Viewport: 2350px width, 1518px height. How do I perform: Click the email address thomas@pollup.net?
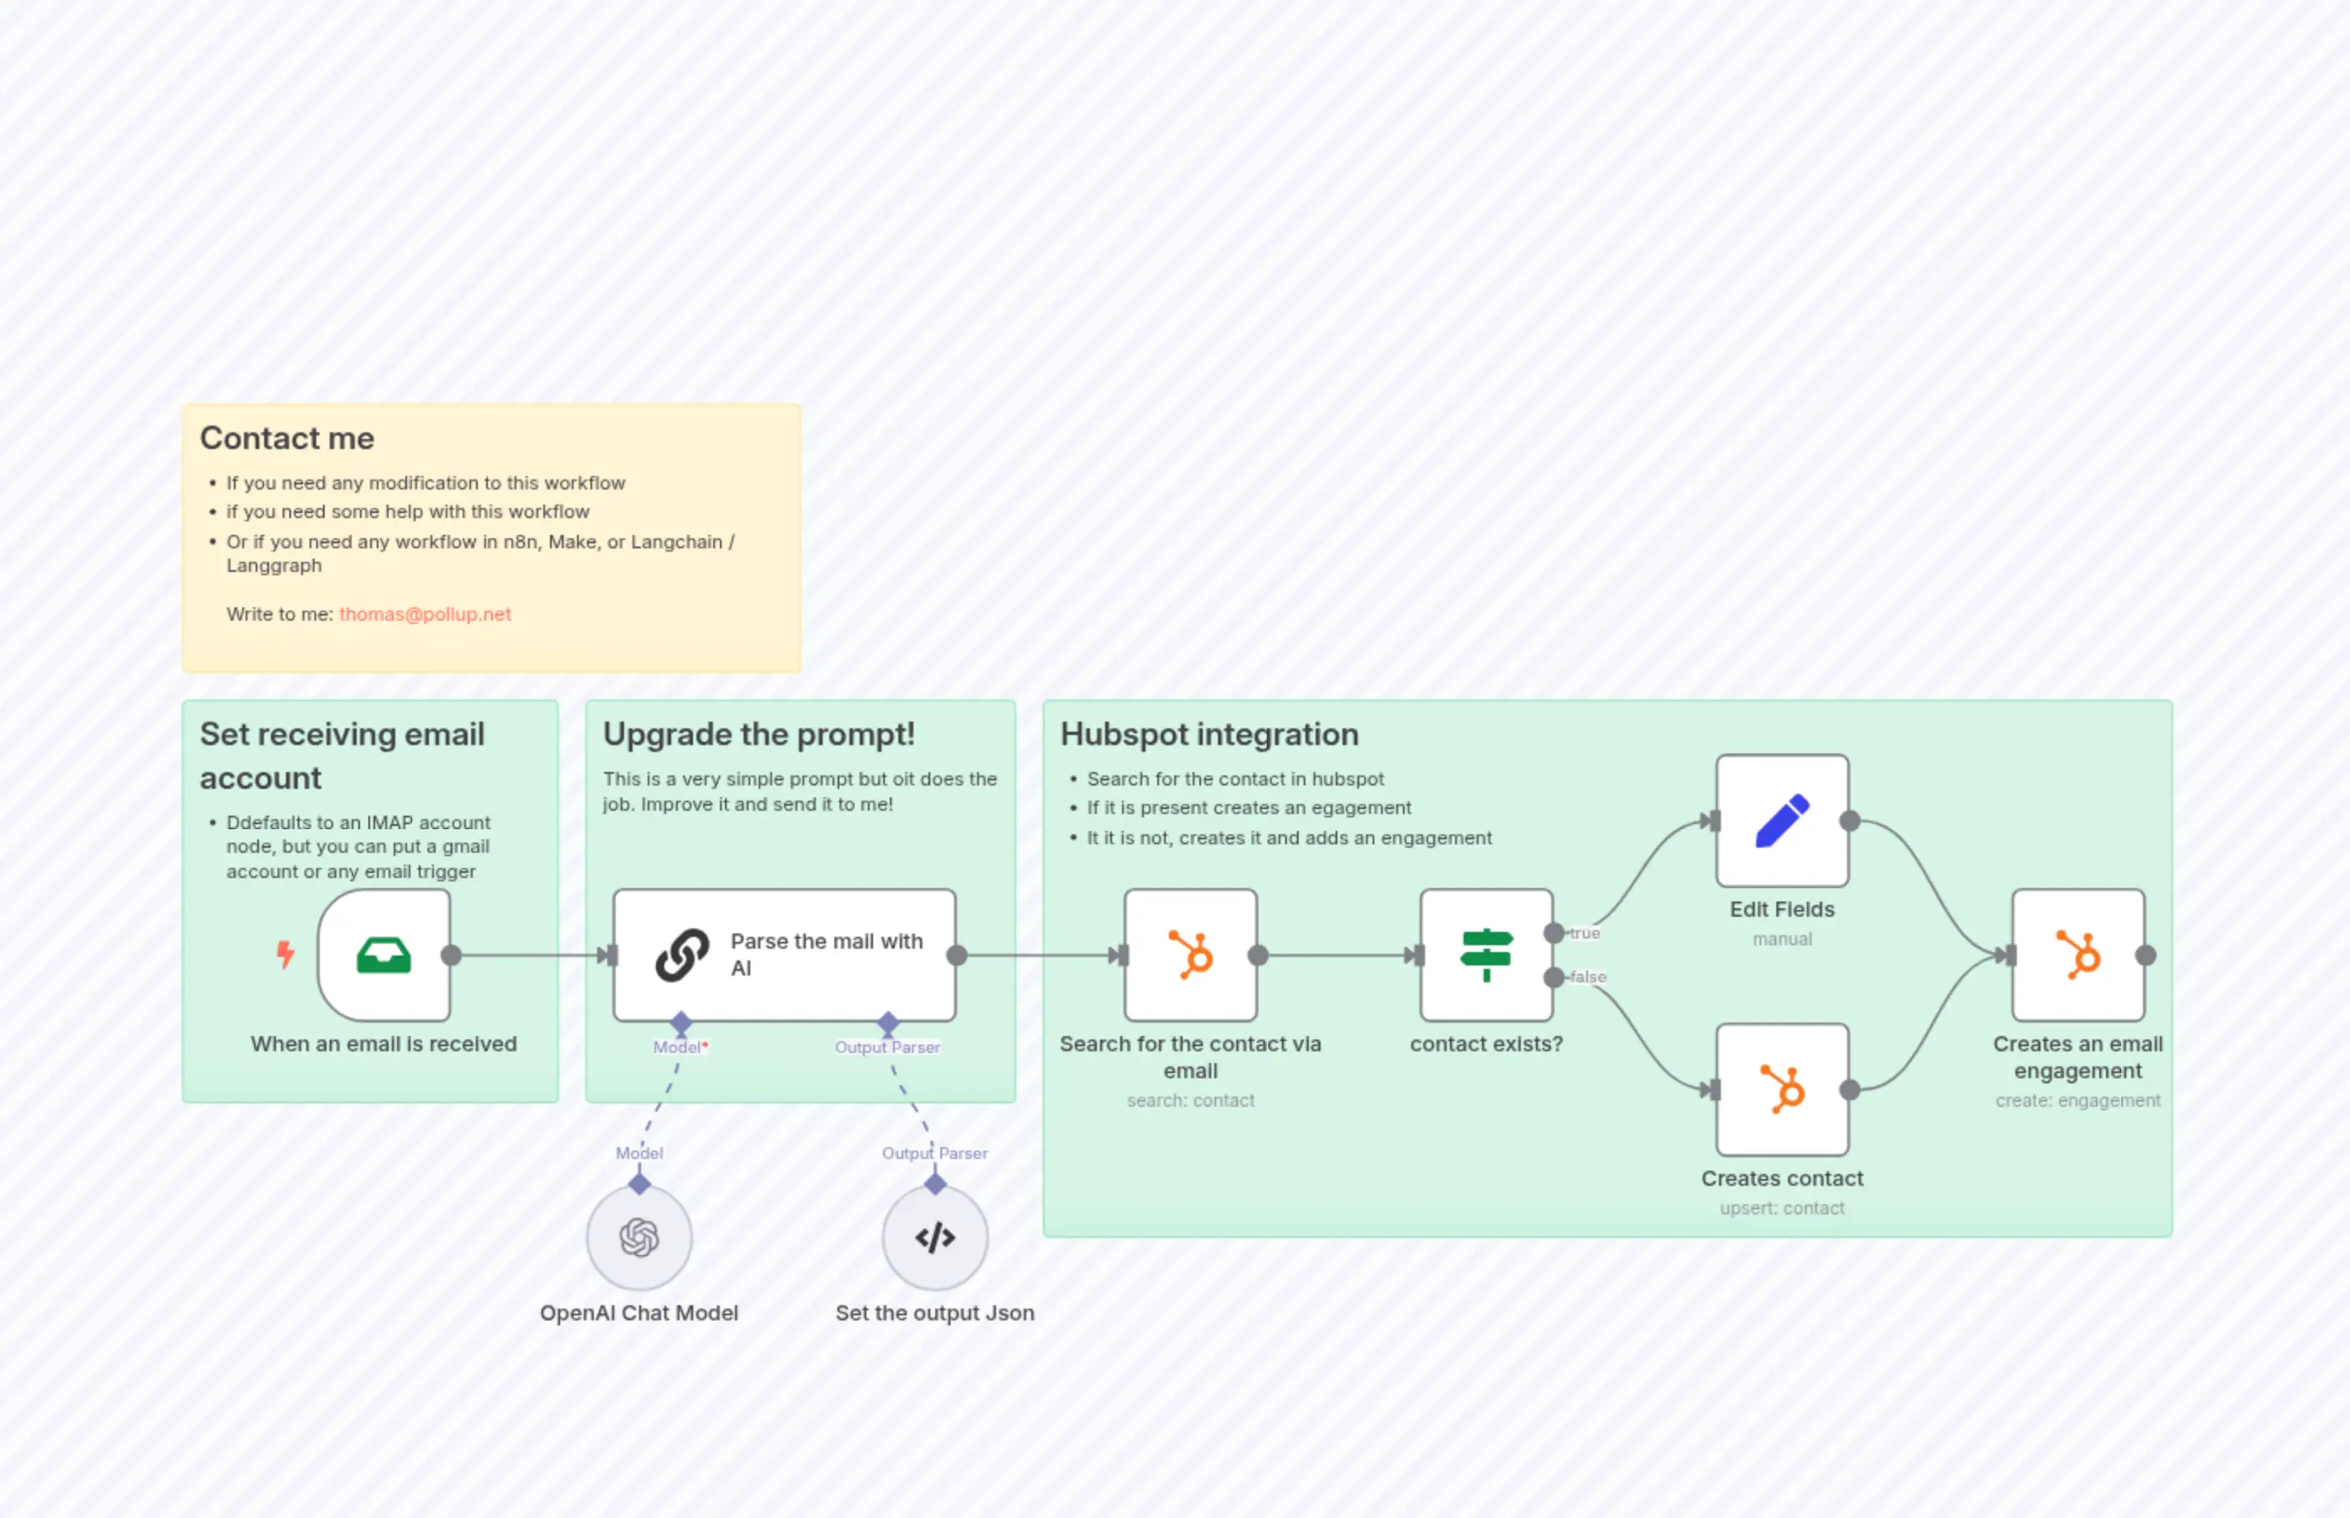(x=425, y=614)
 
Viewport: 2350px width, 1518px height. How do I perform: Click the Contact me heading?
(x=287, y=437)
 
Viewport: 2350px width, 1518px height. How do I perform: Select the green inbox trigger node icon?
(x=384, y=955)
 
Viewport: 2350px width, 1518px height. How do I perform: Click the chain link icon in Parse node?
(x=682, y=955)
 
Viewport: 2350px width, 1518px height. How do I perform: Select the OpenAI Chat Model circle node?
(x=638, y=1238)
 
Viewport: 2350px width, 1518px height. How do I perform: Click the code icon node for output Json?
(x=934, y=1238)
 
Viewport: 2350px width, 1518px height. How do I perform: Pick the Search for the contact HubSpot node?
(x=1190, y=955)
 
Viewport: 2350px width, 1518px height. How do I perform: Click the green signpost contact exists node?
(x=1485, y=955)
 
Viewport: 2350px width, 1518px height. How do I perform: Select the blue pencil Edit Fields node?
(x=1781, y=821)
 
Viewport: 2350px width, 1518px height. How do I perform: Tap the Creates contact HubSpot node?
(x=1781, y=1089)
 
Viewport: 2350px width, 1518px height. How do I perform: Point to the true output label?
(x=1585, y=934)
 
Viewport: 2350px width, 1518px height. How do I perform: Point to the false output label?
(x=1588, y=977)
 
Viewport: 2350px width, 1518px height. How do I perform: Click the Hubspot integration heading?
(x=1209, y=734)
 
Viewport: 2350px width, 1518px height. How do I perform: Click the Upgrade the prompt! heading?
(x=758, y=734)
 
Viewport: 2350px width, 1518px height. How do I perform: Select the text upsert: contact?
(x=1781, y=1209)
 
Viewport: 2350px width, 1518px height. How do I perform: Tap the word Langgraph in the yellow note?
(x=274, y=566)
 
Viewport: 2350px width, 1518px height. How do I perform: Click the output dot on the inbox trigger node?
(x=452, y=955)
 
